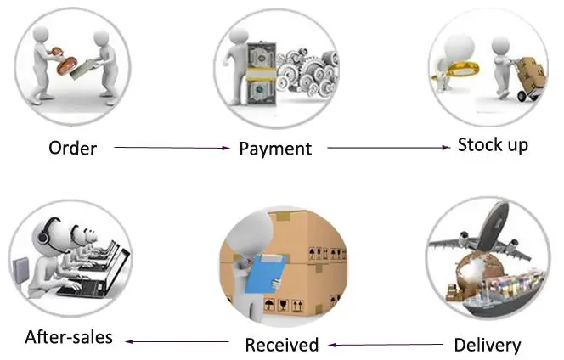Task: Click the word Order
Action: click(x=72, y=149)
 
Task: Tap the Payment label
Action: click(x=275, y=149)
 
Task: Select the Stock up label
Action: click(x=493, y=144)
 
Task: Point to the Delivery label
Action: click(x=487, y=345)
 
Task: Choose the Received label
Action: click(x=281, y=345)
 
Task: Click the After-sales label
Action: click(x=69, y=337)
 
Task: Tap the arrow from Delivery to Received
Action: click(x=387, y=345)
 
